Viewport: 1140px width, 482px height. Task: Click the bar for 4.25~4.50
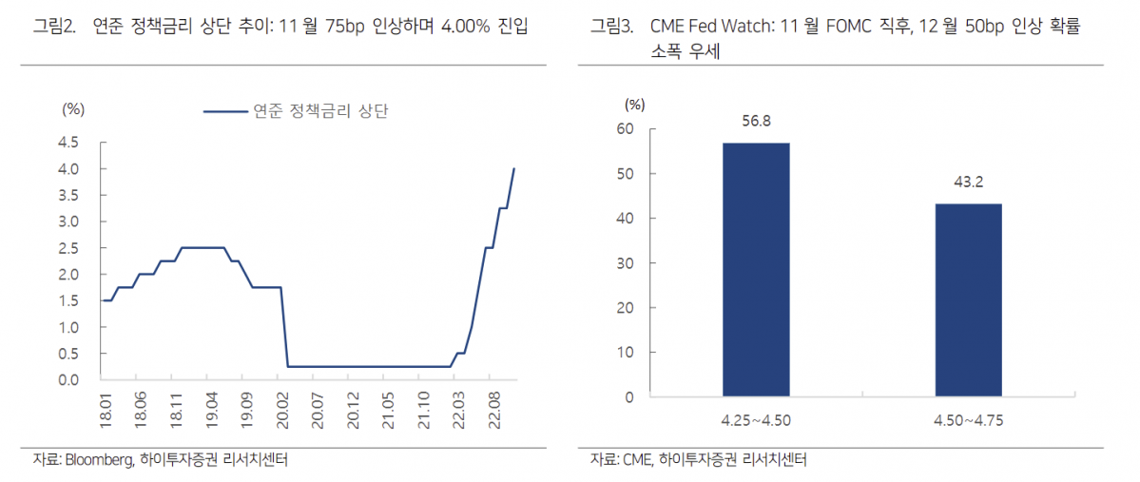pos(756,269)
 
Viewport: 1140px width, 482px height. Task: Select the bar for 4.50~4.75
pos(968,299)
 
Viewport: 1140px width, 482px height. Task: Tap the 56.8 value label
pos(756,121)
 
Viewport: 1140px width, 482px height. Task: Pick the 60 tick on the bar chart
pos(625,129)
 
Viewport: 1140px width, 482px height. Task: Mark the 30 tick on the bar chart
pos(625,263)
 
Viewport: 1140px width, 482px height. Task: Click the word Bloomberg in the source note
pos(99,460)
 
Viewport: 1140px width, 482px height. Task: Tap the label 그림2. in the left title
pos(55,29)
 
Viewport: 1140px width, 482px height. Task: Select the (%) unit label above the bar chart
pos(635,104)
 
